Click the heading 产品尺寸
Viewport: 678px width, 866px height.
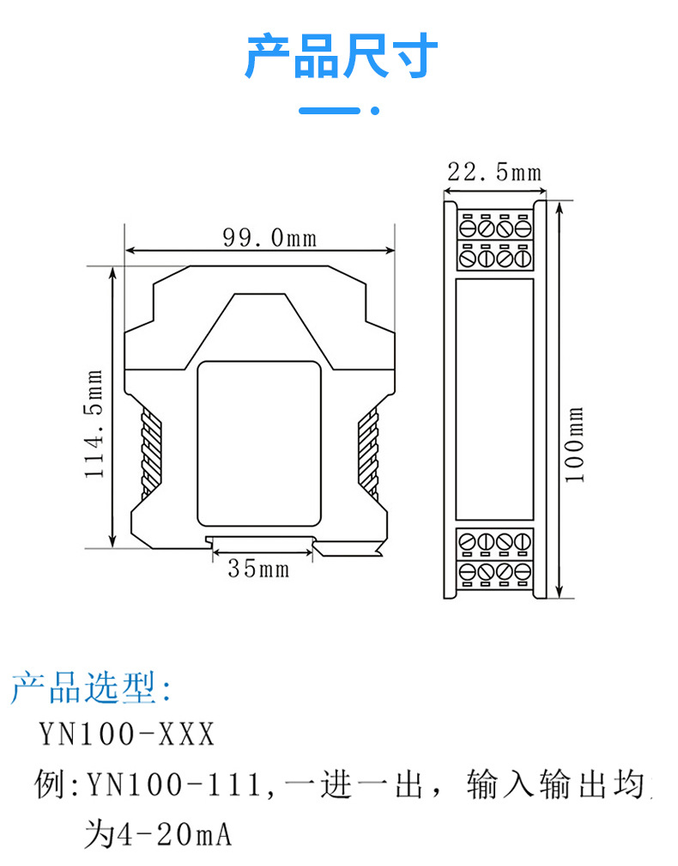(x=341, y=58)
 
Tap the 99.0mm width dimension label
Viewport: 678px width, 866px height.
(x=269, y=237)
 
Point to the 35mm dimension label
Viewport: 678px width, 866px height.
(x=258, y=568)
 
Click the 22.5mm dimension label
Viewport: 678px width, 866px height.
(x=494, y=172)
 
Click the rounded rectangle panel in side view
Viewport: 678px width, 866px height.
(x=258, y=443)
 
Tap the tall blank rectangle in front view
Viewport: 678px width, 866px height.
(x=493, y=399)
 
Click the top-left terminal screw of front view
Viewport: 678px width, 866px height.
(x=469, y=229)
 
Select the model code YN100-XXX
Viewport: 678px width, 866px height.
(x=126, y=735)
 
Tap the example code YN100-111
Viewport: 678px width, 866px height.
(x=176, y=784)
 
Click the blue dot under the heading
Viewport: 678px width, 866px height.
(x=373, y=111)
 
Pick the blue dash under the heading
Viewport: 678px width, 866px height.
(x=330, y=111)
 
